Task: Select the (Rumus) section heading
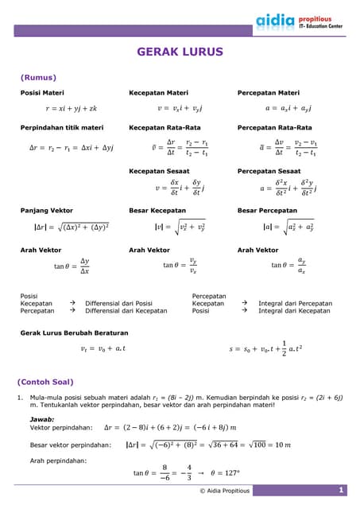click(x=38, y=77)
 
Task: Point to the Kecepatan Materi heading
click(x=159, y=93)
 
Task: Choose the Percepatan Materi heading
click(x=269, y=93)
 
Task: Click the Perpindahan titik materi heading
click(x=62, y=127)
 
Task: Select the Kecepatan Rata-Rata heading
click(x=165, y=127)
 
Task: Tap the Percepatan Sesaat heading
click(x=269, y=171)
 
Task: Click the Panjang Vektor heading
click(x=47, y=211)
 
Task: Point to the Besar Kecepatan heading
click(x=158, y=211)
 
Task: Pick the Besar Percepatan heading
click(x=268, y=211)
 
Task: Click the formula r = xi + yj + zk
click(x=71, y=108)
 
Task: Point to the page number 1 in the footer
click(x=339, y=491)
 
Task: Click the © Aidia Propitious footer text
click(x=225, y=491)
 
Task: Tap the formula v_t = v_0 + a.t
click(x=103, y=348)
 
